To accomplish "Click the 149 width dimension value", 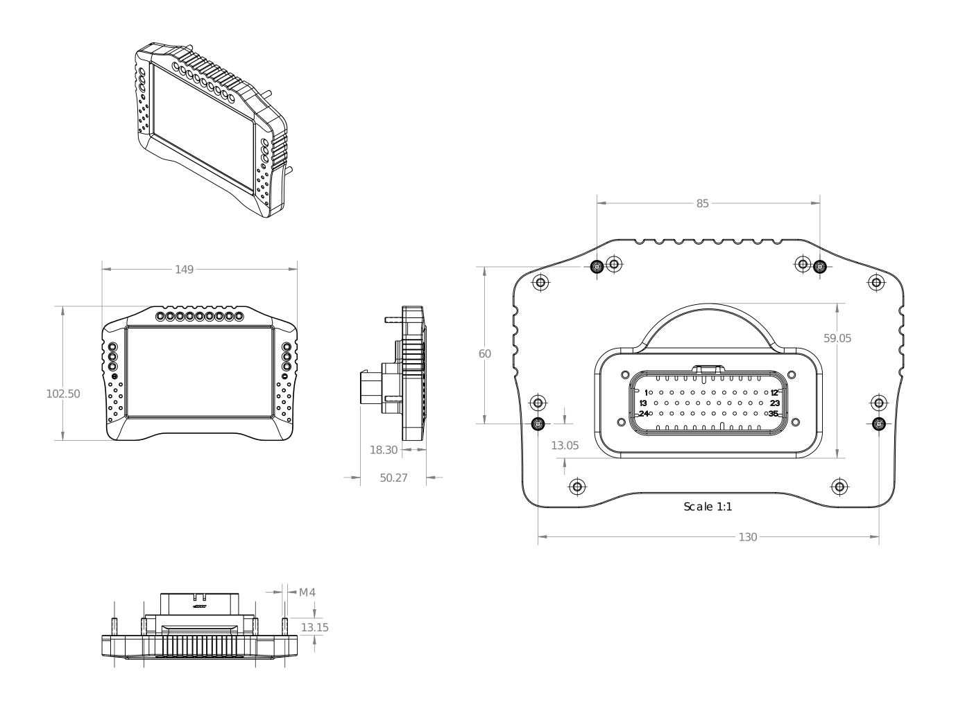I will (x=184, y=270).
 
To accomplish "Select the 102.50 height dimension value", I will (x=63, y=394).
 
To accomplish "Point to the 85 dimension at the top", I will (x=703, y=204).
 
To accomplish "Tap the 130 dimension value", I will (x=748, y=537).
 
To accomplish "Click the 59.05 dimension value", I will (x=837, y=339).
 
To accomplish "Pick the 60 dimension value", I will (x=485, y=354).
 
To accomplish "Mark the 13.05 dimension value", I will (x=565, y=446).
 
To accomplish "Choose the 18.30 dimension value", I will (x=384, y=450).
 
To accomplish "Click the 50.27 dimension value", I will (x=393, y=478).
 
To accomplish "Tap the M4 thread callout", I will (x=307, y=593).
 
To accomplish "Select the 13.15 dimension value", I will (x=314, y=628).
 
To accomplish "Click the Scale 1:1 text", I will (x=708, y=507).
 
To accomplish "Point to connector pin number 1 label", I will (x=646, y=393).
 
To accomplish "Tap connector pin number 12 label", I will (x=775, y=393).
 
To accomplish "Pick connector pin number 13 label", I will (x=643, y=403).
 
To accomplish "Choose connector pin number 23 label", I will (x=775, y=403).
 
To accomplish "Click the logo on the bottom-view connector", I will (x=200, y=606).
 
